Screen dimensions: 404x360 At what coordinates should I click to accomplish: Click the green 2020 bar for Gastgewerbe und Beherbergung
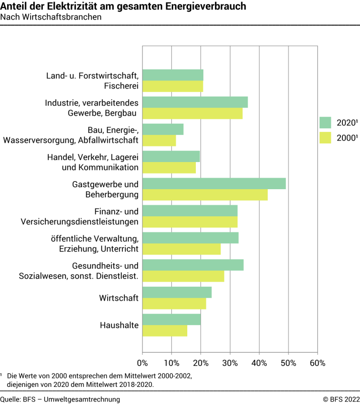coord(214,184)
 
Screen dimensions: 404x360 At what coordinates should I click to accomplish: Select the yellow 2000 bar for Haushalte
coord(165,331)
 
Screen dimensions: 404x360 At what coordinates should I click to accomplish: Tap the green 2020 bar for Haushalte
coord(172,319)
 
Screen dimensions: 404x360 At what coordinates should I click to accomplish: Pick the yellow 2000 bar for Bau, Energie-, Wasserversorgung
coord(159,140)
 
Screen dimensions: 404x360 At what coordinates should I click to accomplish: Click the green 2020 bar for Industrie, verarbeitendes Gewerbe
coord(195,102)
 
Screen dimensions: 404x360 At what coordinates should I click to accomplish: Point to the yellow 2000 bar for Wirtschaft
coord(174,303)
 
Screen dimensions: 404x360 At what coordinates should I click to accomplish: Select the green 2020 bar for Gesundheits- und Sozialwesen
coord(193,265)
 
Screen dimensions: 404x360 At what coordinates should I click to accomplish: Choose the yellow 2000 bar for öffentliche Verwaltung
coord(181,249)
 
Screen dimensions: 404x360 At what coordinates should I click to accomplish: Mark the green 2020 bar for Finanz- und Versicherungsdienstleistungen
coord(190,211)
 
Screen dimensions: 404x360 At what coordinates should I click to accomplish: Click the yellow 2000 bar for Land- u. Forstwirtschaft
coord(173,86)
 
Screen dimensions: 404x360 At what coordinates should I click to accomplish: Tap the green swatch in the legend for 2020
coord(325,122)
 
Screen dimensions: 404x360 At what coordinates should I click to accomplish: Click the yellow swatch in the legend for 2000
coord(325,137)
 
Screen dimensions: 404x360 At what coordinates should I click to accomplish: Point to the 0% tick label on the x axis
coord(142,363)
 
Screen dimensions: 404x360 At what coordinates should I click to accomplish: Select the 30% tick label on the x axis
coord(230,363)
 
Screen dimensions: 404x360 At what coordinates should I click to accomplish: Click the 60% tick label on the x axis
coord(317,363)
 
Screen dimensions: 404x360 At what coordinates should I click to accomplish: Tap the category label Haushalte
coord(119,325)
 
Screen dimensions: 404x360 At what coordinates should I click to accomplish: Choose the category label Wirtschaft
coord(119,298)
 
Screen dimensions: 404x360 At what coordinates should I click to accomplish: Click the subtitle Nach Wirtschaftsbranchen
coord(51,17)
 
